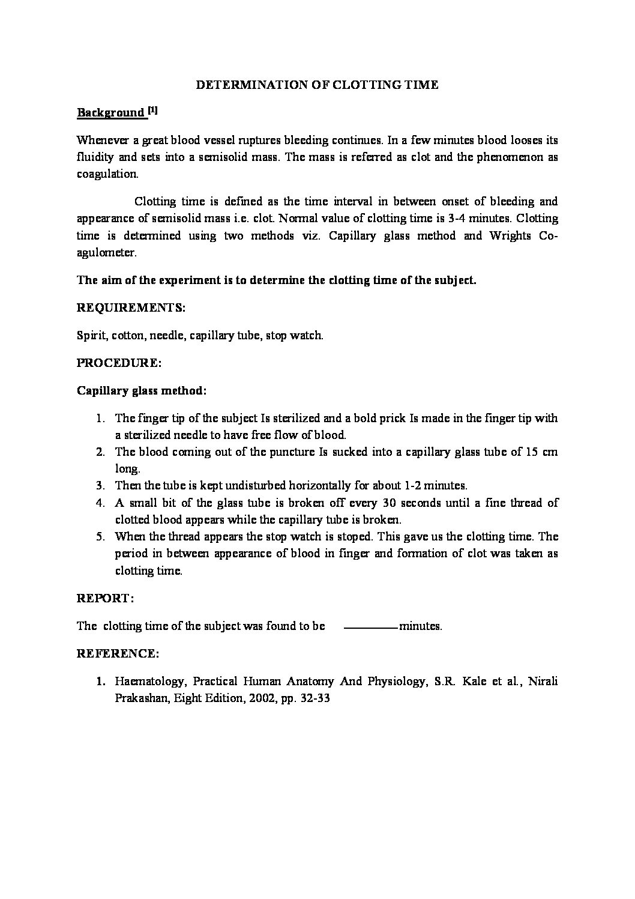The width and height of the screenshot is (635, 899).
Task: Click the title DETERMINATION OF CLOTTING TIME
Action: [317, 85]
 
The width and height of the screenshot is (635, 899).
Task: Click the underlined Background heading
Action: [111, 113]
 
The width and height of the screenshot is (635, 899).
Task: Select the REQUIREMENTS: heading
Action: [131, 307]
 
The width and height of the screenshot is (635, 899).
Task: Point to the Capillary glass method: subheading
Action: [142, 390]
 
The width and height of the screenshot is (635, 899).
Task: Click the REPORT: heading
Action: [105, 598]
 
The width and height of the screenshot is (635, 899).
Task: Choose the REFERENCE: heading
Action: [118, 653]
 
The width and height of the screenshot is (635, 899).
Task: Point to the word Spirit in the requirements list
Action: [91, 335]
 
